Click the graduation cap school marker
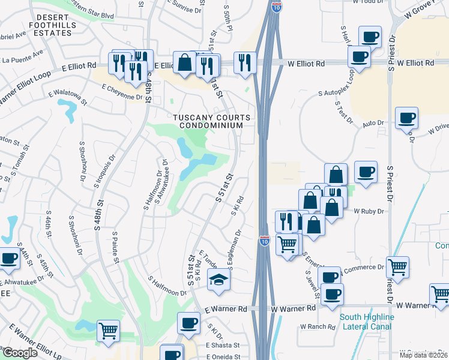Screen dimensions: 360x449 [217, 278]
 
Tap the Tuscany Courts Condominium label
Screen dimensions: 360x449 [208, 121]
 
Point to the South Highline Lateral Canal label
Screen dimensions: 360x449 [366, 322]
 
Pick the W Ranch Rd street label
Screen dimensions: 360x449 [316, 327]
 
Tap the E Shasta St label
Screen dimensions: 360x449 [223, 345]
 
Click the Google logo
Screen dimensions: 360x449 [20, 353]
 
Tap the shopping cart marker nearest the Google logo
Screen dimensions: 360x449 [108, 331]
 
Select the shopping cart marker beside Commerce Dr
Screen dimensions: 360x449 [397, 266]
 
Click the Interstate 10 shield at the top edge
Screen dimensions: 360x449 [276, 7]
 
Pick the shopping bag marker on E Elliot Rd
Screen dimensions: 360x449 [184, 62]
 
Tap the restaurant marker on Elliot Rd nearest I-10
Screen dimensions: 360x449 [245, 62]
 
